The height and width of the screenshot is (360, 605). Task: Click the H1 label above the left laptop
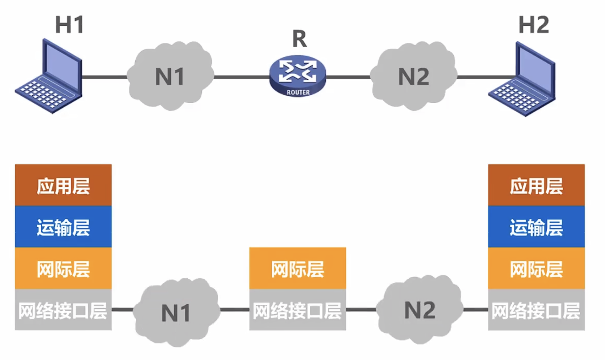(69, 25)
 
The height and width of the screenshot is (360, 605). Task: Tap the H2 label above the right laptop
(533, 25)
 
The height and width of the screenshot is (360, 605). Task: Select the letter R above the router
(300, 39)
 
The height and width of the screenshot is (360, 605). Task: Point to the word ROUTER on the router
(298, 92)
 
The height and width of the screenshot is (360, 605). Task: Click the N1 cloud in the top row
(170, 76)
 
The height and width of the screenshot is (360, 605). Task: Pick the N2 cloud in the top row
(414, 76)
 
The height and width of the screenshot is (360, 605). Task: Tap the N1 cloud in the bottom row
(176, 312)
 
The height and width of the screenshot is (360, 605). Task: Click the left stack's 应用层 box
(63, 185)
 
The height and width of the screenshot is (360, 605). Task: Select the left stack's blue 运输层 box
(63, 227)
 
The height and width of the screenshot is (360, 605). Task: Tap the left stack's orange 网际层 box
(63, 269)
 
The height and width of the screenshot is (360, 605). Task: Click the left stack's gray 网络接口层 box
(63, 310)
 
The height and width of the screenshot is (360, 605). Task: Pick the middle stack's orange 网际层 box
(297, 269)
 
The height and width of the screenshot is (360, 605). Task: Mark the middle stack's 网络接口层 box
(297, 310)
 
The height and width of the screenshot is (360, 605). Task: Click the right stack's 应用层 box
(536, 185)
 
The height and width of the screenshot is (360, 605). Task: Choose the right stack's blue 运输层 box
(536, 227)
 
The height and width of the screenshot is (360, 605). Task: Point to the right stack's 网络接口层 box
(536, 310)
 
